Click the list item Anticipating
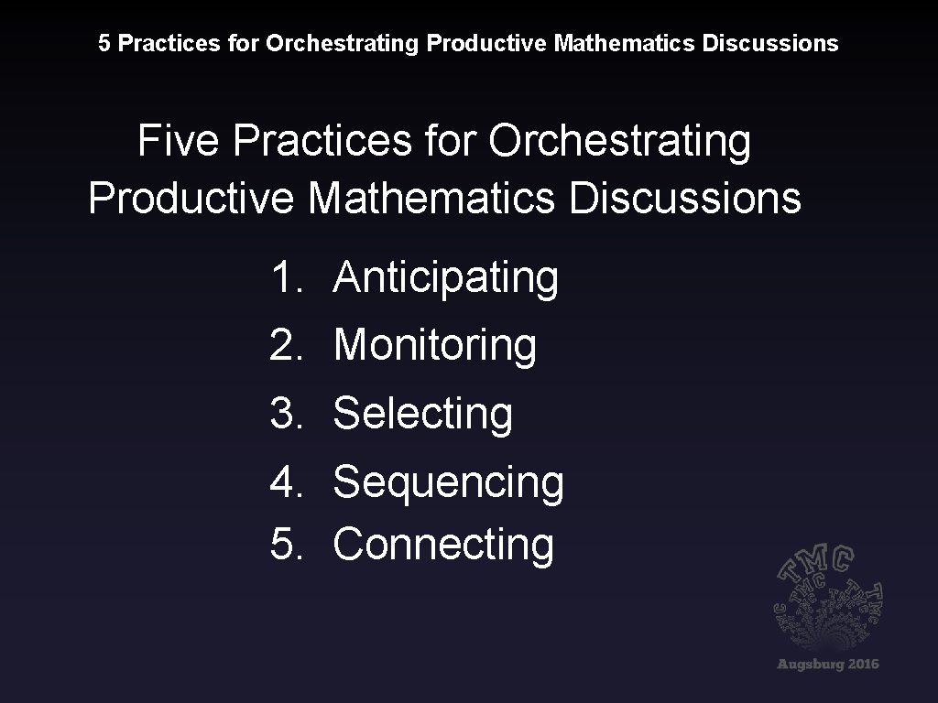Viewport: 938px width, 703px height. (x=445, y=277)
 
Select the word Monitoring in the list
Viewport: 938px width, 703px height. (x=434, y=346)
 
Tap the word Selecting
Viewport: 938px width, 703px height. (x=422, y=413)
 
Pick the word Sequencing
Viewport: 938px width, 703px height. (x=448, y=482)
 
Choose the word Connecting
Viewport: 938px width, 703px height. (x=443, y=545)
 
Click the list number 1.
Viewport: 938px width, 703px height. (x=285, y=277)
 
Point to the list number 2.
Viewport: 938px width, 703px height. (x=286, y=346)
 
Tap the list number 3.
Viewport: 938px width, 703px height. (x=286, y=413)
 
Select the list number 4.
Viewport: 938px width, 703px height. (x=286, y=482)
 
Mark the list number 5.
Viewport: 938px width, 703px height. (x=286, y=545)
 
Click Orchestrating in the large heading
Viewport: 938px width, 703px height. (x=619, y=142)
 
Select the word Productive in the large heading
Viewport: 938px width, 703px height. (x=191, y=198)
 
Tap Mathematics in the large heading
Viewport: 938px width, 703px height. (x=431, y=198)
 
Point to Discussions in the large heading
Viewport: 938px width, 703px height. (x=684, y=198)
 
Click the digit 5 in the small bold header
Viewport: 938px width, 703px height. (x=104, y=43)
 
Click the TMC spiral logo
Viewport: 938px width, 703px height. (x=827, y=599)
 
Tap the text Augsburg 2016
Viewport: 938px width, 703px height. (x=827, y=664)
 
